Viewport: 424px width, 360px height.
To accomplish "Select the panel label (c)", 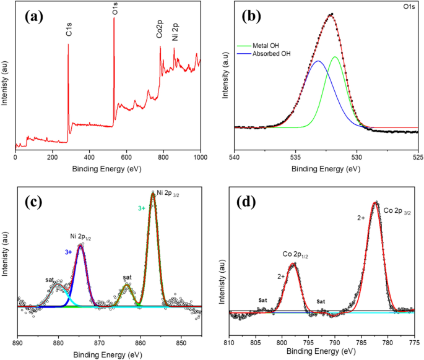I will coord(35,202).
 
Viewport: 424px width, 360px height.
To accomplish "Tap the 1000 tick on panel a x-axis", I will coord(200,157).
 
